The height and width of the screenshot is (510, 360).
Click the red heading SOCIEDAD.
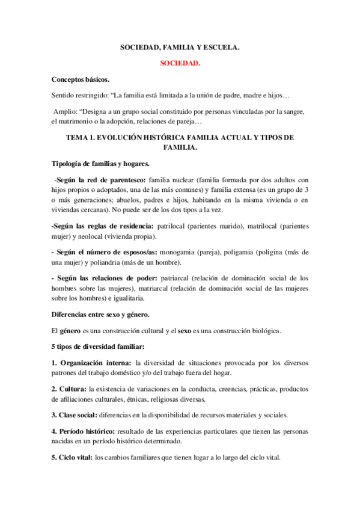(180, 63)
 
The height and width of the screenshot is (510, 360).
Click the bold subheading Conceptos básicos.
(81, 79)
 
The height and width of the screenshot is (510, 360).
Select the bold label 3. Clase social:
(74, 414)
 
